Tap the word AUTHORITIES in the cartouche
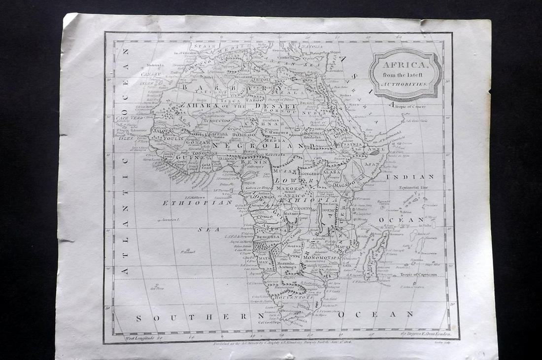pyautogui.click(x=406, y=84)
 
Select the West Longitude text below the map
pyautogui.click(x=143, y=338)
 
